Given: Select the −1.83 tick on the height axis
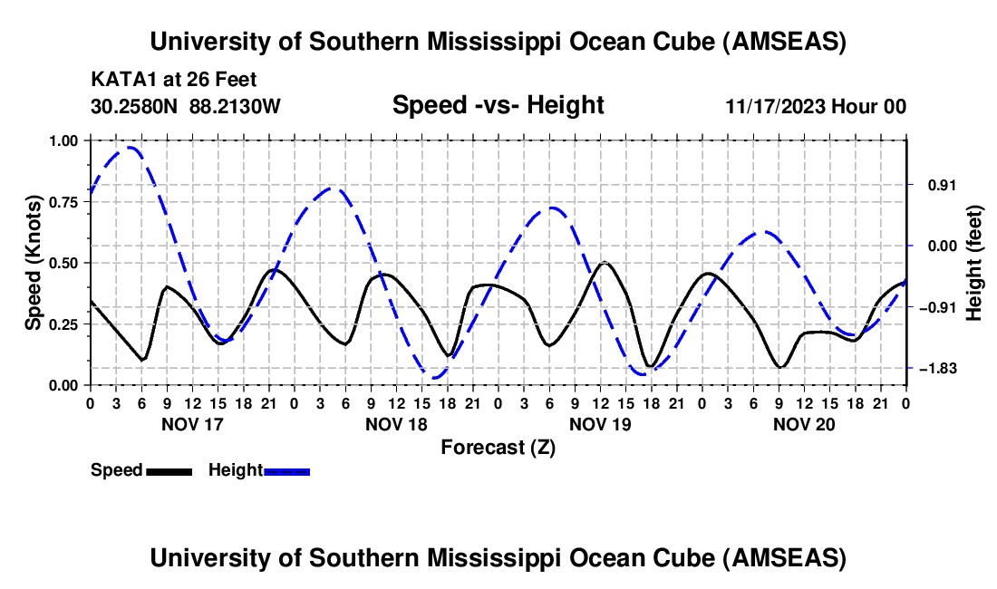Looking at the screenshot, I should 937,369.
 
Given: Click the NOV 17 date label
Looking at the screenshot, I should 191,424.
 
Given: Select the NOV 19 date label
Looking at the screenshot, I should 599,424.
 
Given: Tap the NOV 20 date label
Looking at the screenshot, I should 803,424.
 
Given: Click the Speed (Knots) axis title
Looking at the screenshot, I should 33,263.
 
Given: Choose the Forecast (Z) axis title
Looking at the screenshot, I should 498,447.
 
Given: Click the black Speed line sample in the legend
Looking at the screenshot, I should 169,470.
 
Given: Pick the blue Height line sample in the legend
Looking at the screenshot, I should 286,470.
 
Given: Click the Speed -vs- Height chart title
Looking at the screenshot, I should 498,105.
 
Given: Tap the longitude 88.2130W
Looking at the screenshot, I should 235,106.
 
